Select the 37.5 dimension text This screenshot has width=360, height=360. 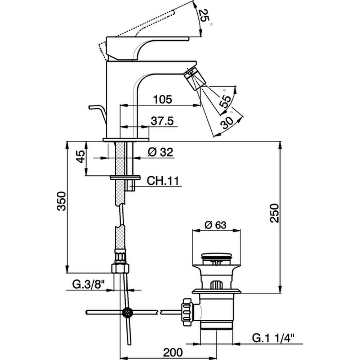[162, 121]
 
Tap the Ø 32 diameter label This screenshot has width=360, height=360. [160, 152]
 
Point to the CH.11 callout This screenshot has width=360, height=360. [163, 181]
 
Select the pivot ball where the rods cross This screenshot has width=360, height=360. [127, 312]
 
